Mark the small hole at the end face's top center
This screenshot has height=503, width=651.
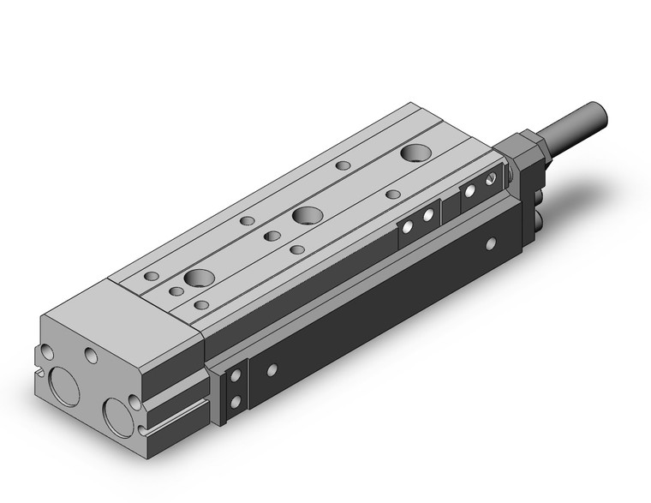point(90,354)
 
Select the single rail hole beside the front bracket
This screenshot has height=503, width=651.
point(272,370)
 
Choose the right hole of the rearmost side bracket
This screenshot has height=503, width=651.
point(490,180)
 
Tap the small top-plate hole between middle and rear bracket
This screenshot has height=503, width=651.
point(392,194)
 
